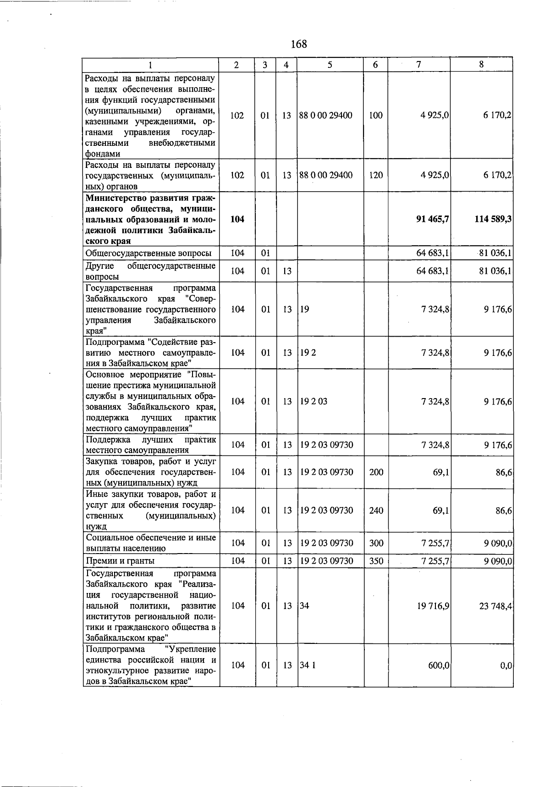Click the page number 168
coord(298,44)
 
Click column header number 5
coord(330,65)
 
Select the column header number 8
coord(481,65)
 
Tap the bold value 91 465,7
coord(432,219)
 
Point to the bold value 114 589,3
coord(493,219)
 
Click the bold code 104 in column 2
coord(237,219)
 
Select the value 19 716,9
coord(433,606)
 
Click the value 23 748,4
coord(496,606)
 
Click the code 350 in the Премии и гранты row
coord(376,560)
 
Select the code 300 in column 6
coord(376,543)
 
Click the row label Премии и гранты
coord(120,560)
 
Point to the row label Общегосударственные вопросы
coord(148,253)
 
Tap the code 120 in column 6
coord(375,175)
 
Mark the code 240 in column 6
coord(376,510)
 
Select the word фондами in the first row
coord(103,154)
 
